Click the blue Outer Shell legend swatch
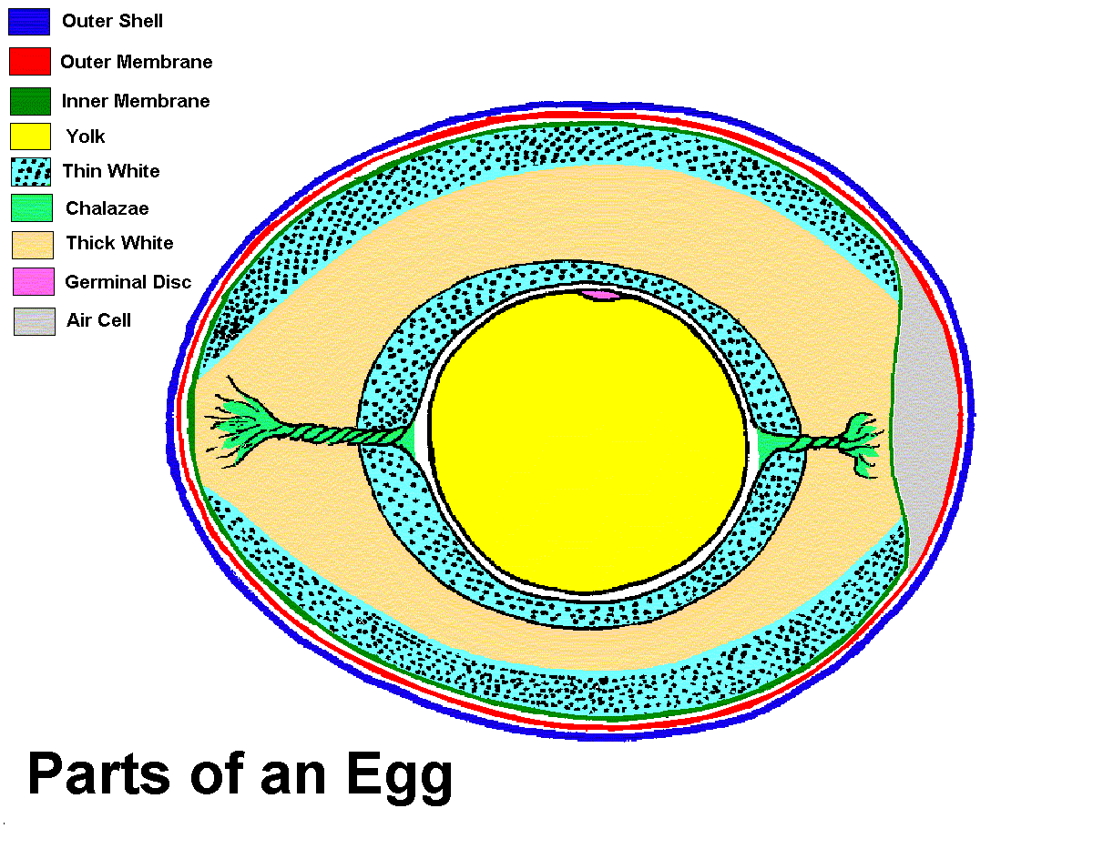click(29, 21)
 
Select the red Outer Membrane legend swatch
click(29, 61)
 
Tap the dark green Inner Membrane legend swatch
click(30, 101)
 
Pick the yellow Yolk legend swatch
click(30, 136)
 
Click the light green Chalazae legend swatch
click(33, 207)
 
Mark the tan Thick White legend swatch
click(33, 244)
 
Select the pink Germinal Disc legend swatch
click(34, 282)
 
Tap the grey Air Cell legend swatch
click(34, 321)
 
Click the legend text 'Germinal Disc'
click(128, 282)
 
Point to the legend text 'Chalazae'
click(107, 208)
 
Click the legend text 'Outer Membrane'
click(136, 62)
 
